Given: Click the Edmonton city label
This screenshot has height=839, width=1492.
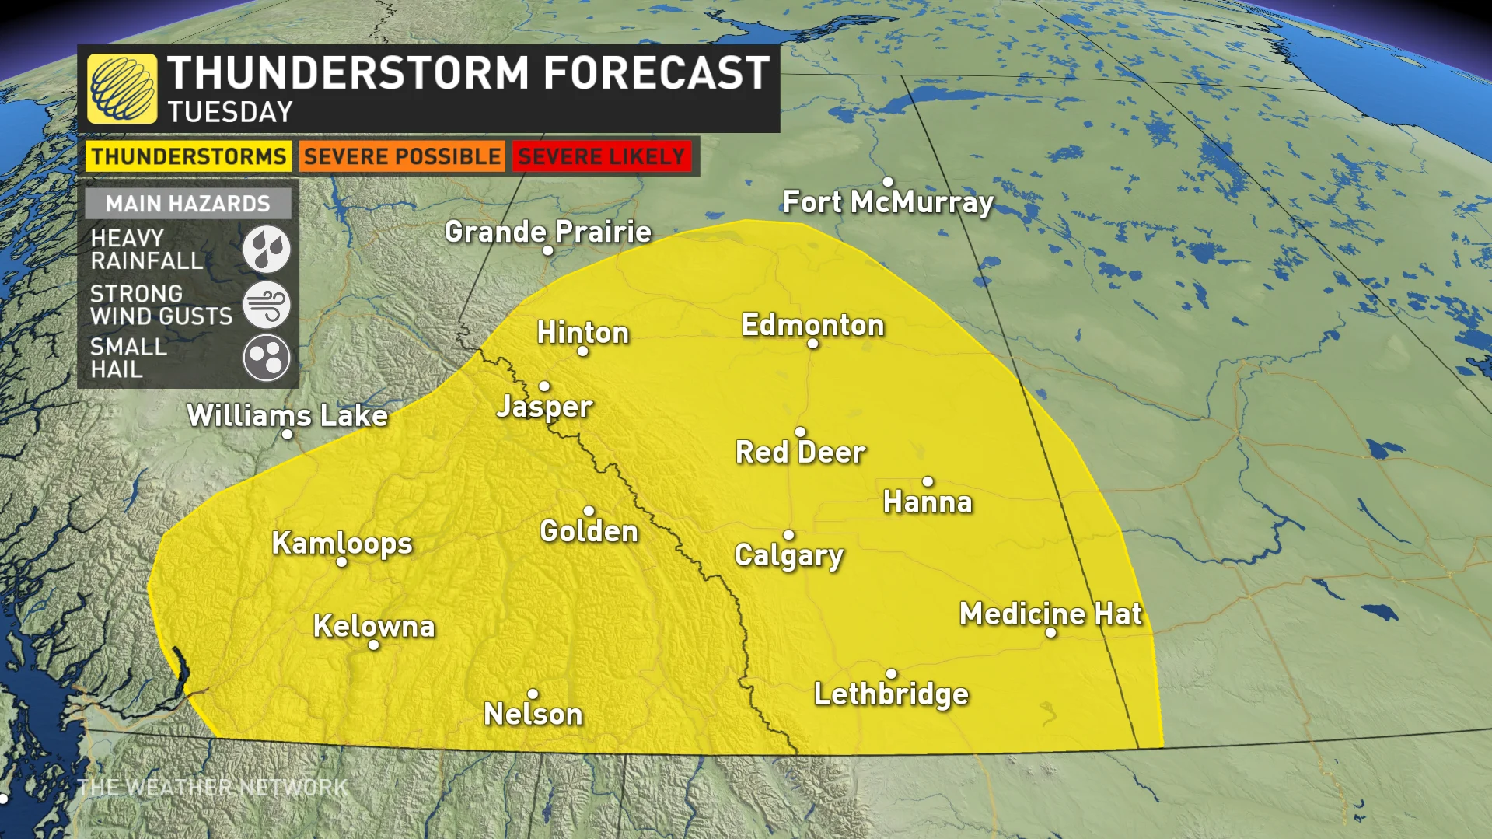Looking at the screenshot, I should (812, 324).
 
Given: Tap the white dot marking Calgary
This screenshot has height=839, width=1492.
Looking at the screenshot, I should (788, 535).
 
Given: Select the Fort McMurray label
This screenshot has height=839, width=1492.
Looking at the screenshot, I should (888, 202).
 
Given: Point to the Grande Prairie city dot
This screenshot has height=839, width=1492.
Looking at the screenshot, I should (548, 250).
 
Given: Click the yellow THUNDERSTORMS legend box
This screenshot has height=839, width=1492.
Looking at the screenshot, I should (188, 156).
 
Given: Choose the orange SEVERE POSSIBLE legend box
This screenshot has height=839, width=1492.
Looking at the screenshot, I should (402, 156).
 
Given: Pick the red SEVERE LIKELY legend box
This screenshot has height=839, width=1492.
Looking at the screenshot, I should (601, 156).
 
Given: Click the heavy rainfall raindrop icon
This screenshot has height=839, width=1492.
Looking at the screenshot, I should (266, 249).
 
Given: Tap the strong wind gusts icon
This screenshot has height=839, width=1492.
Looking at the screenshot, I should (266, 304).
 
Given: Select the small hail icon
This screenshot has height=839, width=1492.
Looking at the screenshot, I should (266, 358).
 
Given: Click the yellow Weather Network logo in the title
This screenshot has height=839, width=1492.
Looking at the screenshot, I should (122, 89).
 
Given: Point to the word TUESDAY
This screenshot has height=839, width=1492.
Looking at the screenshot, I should (230, 112).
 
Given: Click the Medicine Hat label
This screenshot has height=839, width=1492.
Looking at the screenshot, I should (1050, 614).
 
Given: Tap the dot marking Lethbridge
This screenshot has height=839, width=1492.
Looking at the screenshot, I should (891, 673).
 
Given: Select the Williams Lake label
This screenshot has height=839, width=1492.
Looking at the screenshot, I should (287, 414).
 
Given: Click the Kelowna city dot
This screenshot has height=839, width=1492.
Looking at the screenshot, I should (373, 645).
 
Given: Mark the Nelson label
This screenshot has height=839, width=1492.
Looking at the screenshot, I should (533, 714).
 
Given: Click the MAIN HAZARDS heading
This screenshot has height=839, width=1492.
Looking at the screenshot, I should (188, 204).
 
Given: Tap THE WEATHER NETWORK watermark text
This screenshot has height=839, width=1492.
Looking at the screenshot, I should (211, 787).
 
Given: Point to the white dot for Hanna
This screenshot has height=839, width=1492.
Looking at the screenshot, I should (928, 481).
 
